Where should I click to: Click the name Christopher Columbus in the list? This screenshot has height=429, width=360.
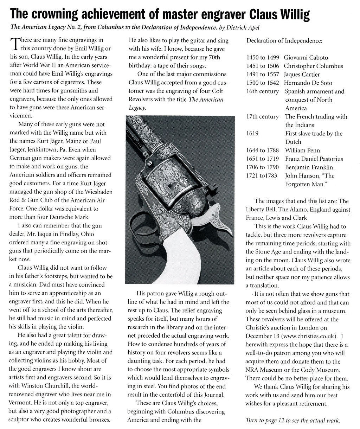point(313,66)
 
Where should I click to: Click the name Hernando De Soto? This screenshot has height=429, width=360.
point(308,83)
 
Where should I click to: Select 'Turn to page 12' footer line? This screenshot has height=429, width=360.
point(292,421)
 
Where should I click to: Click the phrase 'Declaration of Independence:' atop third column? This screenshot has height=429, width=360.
point(284,41)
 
